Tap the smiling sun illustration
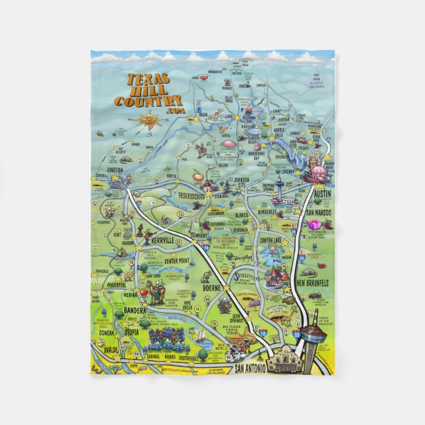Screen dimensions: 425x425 [x=146, y=121]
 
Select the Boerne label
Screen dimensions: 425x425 [x=209, y=288]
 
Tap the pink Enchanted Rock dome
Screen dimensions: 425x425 [x=228, y=143]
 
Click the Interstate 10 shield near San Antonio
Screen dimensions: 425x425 [x=265, y=335]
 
